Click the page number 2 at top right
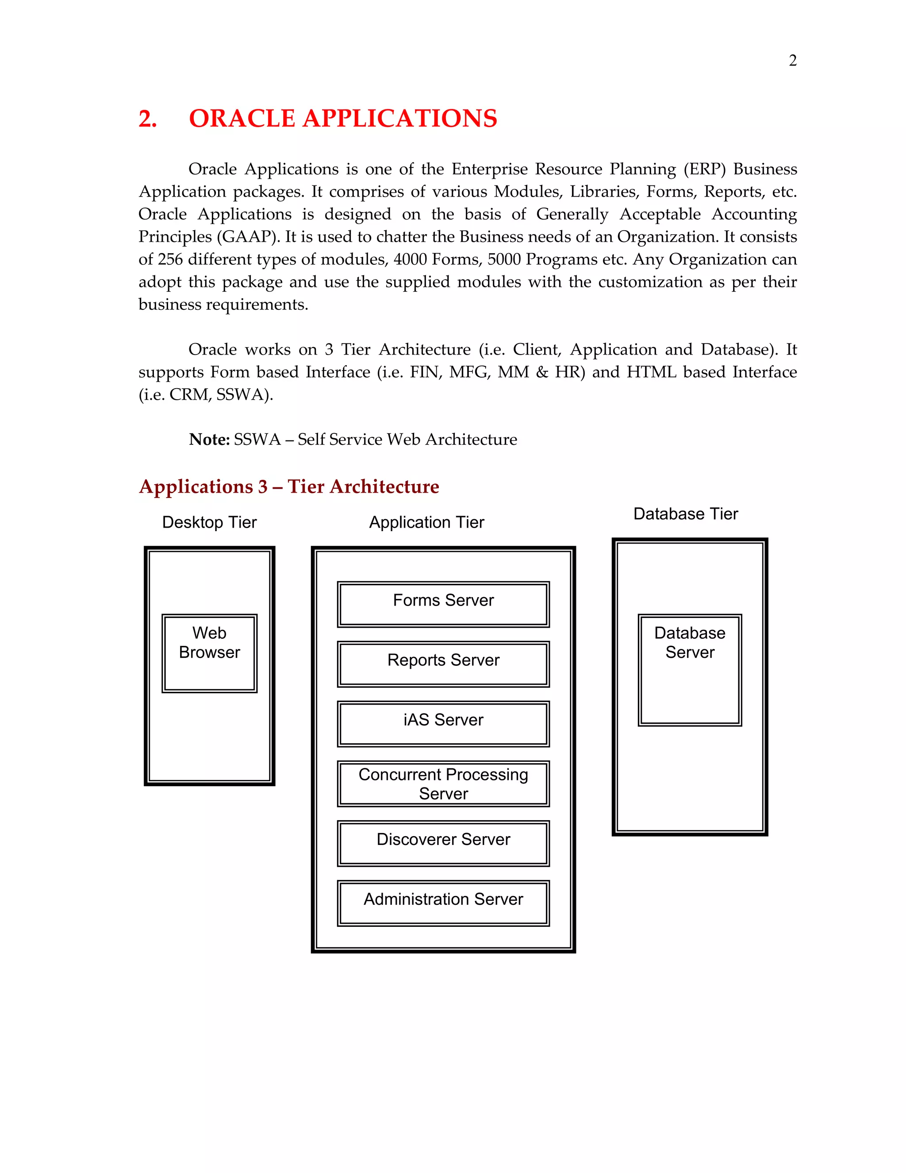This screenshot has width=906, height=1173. point(792,61)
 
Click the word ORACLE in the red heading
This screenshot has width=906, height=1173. point(242,119)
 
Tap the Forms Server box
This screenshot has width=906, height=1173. point(443,604)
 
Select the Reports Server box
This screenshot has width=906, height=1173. point(443,664)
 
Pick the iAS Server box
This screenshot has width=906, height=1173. point(443,723)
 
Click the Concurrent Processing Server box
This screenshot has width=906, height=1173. point(443,783)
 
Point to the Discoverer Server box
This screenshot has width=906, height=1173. point(443,843)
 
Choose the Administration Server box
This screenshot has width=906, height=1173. point(443,903)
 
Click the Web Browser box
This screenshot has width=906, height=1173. point(209,653)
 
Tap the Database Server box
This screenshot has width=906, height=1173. point(690,670)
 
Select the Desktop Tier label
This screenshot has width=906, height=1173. point(209,522)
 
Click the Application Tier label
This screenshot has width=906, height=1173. point(427,522)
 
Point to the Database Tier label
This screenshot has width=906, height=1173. point(685,514)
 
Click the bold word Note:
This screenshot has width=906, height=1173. point(209,440)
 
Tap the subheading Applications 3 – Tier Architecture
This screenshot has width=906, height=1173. point(289,486)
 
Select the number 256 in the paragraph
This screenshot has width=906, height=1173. point(170,259)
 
